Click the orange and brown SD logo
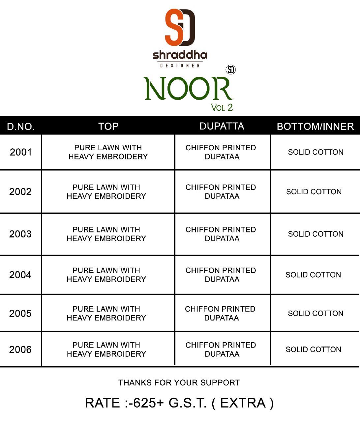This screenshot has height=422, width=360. [x=180, y=27]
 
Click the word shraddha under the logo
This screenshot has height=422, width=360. [x=180, y=55]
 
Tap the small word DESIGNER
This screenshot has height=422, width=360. [x=180, y=65]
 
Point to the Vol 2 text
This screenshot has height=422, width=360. [x=222, y=107]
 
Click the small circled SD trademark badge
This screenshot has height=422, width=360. [x=231, y=70]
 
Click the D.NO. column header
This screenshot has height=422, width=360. [x=21, y=127]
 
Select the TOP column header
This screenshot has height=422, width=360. [x=108, y=126]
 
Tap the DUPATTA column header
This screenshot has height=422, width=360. [x=222, y=126]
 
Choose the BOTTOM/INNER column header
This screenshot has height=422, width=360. [x=315, y=126]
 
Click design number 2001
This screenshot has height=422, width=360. [x=21, y=152]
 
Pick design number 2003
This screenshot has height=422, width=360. [x=20, y=234]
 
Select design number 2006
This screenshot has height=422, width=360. [x=20, y=349]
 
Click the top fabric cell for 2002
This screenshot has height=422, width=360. [x=106, y=192]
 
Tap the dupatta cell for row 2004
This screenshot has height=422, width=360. [x=221, y=275]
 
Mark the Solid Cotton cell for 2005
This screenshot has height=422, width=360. [x=315, y=313]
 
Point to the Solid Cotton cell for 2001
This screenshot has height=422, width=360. [x=315, y=152]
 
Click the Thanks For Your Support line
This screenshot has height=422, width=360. [x=179, y=382]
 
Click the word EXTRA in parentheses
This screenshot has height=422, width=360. [x=243, y=403]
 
